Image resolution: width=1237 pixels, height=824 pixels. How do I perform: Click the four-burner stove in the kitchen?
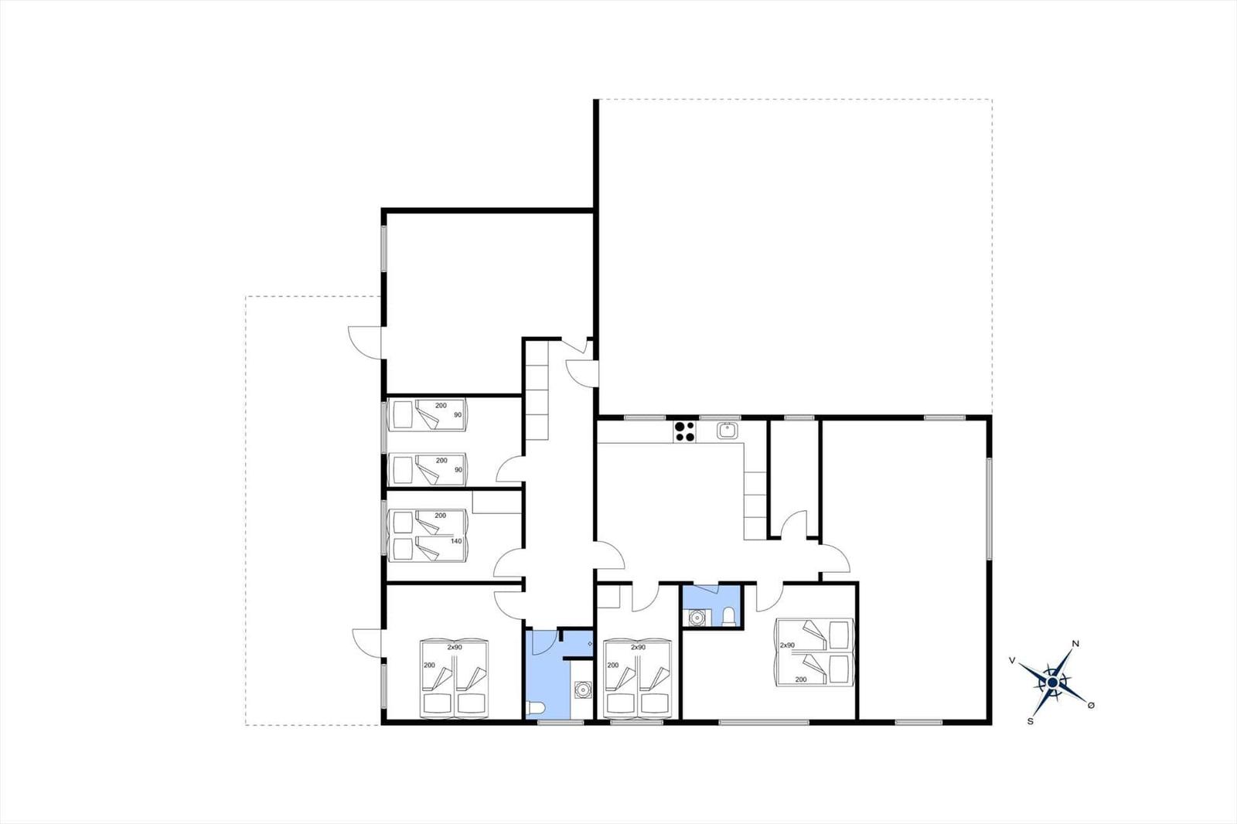[685, 431]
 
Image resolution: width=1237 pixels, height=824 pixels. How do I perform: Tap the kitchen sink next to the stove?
[728, 431]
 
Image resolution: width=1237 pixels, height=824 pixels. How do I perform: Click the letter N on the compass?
[1075, 644]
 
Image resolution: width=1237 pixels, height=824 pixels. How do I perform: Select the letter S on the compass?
[1030, 721]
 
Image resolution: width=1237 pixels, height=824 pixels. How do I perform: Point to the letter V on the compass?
[1012, 660]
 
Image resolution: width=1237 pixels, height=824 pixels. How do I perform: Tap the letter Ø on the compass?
[1091, 705]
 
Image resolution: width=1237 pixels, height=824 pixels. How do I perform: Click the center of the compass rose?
[1052, 683]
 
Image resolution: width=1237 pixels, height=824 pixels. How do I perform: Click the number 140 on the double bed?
[456, 541]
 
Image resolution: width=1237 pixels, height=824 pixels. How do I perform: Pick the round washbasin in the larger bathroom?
[582, 690]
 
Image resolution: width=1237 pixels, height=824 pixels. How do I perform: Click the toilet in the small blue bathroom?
[730, 616]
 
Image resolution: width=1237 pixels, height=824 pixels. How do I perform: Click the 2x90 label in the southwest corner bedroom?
[454, 647]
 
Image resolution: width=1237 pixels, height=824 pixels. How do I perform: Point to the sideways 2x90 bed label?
[788, 645]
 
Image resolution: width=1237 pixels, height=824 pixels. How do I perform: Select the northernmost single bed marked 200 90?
[428, 415]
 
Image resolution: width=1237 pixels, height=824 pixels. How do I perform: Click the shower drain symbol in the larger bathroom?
[590, 644]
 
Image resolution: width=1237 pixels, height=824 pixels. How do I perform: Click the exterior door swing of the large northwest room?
[364, 342]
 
